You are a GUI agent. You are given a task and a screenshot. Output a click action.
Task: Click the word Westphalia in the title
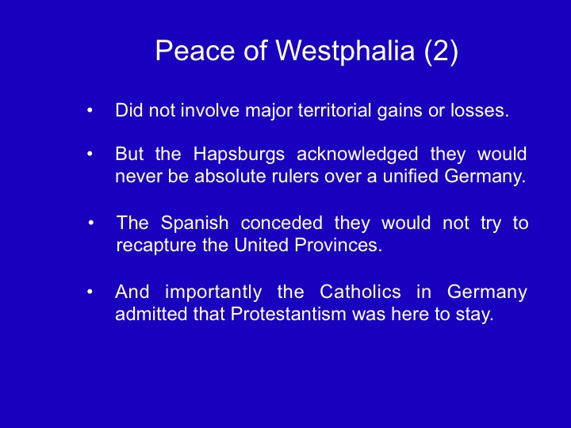(345, 51)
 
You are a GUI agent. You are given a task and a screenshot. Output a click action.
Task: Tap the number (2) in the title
(441, 51)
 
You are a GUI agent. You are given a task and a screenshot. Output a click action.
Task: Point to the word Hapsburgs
(239, 155)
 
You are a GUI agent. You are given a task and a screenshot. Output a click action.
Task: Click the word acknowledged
(357, 155)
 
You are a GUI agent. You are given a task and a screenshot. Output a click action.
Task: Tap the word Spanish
(195, 223)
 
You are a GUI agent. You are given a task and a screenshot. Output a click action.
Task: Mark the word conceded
(282, 223)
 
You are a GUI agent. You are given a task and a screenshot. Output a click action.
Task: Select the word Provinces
(339, 245)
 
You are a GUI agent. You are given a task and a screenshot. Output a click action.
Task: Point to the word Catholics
(360, 292)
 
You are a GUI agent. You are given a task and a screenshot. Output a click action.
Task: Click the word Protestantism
(289, 314)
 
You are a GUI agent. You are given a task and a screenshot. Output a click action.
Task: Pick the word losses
(480, 110)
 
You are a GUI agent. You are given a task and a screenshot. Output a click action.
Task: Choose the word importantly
(213, 292)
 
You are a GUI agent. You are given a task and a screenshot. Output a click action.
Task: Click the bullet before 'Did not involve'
(90, 110)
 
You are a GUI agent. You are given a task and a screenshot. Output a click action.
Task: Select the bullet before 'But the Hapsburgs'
(90, 154)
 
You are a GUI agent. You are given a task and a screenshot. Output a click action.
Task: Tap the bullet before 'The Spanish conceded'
(91, 223)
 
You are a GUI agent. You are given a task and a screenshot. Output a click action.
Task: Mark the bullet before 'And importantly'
(90, 292)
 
